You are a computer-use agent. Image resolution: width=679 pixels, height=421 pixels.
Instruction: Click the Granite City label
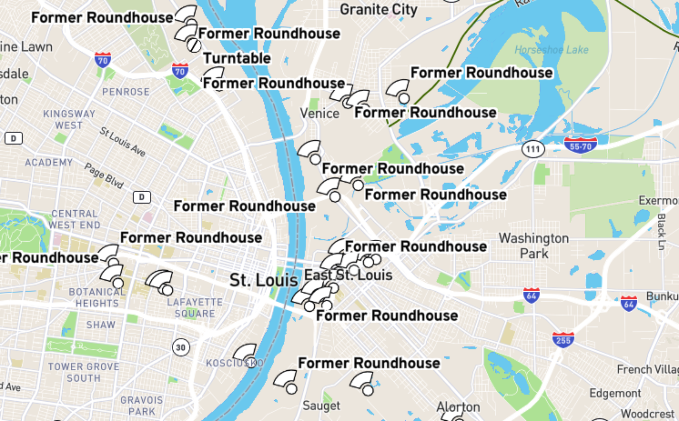[x=378, y=9]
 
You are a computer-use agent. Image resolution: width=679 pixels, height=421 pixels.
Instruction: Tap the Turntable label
[x=237, y=58]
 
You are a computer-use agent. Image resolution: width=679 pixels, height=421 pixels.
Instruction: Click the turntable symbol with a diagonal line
[x=194, y=46]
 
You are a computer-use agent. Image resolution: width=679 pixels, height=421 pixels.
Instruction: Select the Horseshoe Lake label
[x=551, y=50]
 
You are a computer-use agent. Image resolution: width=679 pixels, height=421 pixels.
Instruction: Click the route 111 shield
[x=533, y=149]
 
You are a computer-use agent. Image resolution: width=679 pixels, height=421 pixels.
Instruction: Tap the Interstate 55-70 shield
[x=580, y=145]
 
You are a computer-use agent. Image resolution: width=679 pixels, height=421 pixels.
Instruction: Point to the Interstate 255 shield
[x=563, y=340]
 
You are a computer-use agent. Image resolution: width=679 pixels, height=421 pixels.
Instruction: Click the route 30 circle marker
[x=181, y=347]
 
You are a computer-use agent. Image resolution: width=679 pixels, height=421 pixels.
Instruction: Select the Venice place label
[x=319, y=113]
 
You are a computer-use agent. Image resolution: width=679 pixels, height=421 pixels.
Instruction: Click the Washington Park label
[x=534, y=246]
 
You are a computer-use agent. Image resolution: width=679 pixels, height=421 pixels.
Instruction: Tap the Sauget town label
[x=321, y=405]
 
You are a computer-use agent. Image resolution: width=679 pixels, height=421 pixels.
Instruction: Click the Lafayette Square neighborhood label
[x=195, y=308]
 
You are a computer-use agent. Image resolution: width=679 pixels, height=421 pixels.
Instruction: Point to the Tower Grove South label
[x=84, y=372]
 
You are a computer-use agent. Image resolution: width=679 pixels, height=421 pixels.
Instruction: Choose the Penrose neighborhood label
[x=126, y=92]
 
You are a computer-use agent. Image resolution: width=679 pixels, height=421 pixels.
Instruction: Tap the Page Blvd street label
[x=104, y=175]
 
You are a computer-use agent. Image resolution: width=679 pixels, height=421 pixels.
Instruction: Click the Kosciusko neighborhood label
[x=234, y=363]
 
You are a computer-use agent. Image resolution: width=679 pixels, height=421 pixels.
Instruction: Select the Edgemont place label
[x=615, y=393]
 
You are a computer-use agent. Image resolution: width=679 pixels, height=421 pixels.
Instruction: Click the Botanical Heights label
[x=97, y=297]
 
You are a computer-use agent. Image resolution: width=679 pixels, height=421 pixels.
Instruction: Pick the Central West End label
[x=74, y=219]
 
